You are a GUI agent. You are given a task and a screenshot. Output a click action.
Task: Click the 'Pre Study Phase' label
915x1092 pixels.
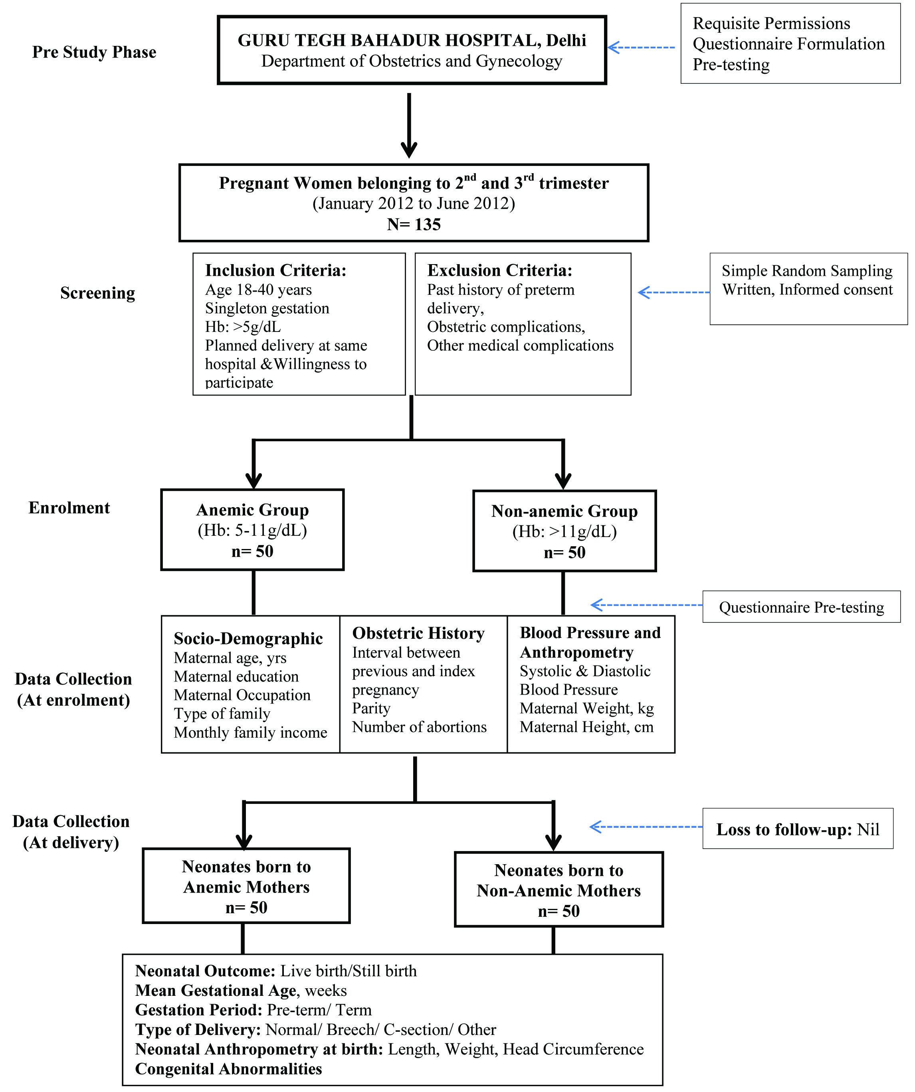click(x=94, y=52)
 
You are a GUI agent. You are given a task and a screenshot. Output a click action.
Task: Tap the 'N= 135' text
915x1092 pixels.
click(x=414, y=224)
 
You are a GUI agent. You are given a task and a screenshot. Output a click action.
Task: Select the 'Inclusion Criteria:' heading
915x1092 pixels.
click(x=276, y=271)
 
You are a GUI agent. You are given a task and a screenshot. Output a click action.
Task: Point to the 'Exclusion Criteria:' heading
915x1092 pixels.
click(x=500, y=271)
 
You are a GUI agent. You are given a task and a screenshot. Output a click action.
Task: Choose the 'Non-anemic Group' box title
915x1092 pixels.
click(x=564, y=511)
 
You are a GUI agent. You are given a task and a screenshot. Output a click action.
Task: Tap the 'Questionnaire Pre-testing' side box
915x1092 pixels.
click(x=801, y=607)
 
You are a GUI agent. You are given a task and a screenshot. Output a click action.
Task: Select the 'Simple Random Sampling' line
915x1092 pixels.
click(x=807, y=271)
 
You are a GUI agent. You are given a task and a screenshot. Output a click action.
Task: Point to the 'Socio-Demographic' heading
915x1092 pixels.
click(x=248, y=638)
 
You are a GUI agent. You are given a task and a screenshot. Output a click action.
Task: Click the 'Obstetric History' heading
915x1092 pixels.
click(x=418, y=633)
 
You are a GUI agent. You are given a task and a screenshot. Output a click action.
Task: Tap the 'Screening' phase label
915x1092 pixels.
click(x=98, y=293)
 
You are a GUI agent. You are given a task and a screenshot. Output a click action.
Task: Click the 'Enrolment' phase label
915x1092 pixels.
click(x=69, y=507)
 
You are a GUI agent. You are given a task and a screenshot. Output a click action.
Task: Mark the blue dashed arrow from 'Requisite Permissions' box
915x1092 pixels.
click(x=642, y=47)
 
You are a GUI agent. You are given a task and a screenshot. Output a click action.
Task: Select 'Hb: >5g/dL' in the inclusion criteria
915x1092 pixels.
click(x=243, y=327)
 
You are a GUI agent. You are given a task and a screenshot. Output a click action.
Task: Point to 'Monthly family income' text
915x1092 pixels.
click(x=251, y=733)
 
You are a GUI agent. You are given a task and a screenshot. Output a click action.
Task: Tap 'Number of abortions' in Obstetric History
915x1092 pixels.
click(x=419, y=727)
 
